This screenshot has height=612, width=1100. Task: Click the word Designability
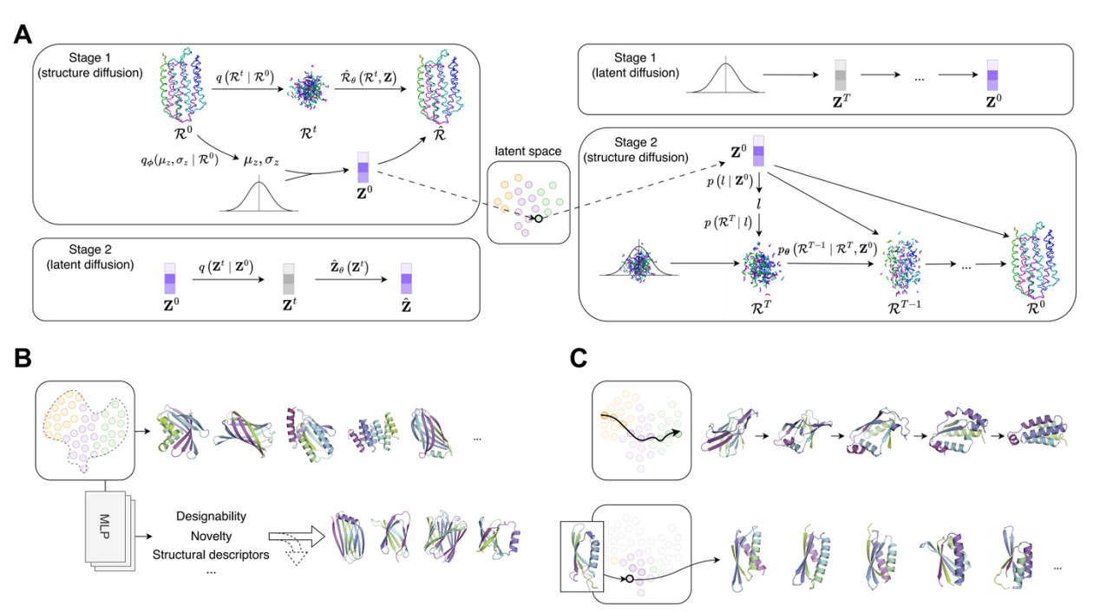click(211, 516)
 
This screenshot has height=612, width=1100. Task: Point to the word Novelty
click(211, 535)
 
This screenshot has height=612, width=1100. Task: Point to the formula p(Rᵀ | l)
click(729, 224)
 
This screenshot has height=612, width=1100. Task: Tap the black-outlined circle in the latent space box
click(538, 218)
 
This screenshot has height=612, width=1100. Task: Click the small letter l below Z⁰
click(759, 203)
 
